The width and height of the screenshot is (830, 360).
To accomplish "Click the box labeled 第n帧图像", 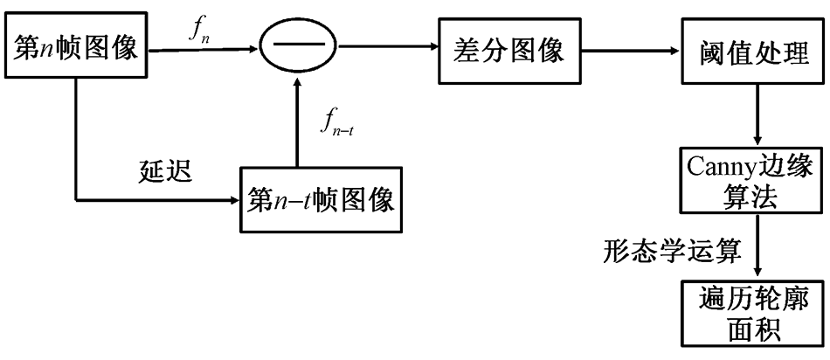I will (76, 50).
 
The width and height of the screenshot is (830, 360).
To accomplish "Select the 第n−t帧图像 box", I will (323, 200).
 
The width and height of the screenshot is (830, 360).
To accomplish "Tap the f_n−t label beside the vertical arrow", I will (337, 129).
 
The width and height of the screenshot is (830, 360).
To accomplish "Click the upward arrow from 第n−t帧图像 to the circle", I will (298, 122).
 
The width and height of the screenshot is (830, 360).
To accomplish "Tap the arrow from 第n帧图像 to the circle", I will (201, 51).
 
